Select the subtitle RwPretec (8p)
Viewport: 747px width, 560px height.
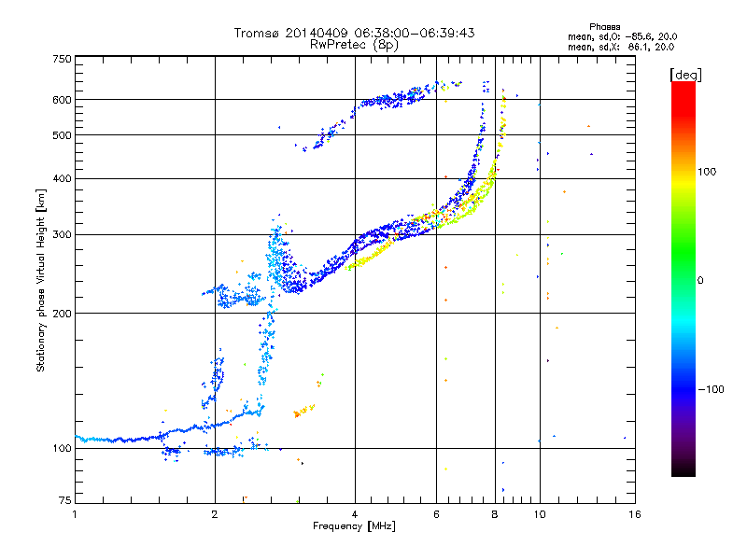pyautogui.click(x=354, y=45)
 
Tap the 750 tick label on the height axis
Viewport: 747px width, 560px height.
pyautogui.click(x=62, y=59)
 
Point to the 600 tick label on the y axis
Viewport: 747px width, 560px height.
pyautogui.click(x=62, y=100)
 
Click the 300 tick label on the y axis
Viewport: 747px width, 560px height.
pyautogui.click(x=62, y=234)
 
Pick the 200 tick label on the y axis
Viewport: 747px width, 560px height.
pyautogui.click(x=62, y=314)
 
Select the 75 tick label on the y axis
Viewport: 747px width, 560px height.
pyautogui.click(x=64, y=500)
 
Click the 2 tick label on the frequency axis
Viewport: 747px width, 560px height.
pyautogui.click(x=215, y=514)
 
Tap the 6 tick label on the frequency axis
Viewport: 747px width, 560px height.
pyautogui.click(x=436, y=514)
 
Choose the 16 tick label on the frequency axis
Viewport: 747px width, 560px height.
pyautogui.click(x=635, y=514)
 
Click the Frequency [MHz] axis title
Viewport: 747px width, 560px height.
pyautogui.click(x=354, y=526)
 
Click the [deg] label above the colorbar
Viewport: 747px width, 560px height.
pyautogui.click(x=685, y=75)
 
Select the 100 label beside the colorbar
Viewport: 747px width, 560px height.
pyautogui.click(x=707, y=172)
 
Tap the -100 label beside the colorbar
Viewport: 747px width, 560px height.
pyautogui.click(x=711, y=389)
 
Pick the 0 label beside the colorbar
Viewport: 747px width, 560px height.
pyautogui.click(x=700, y=281)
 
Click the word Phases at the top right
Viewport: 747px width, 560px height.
pyautogui.click(x=604, y=27)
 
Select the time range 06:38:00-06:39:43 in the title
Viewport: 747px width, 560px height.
pyautogui.click(x=415, y=33)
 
